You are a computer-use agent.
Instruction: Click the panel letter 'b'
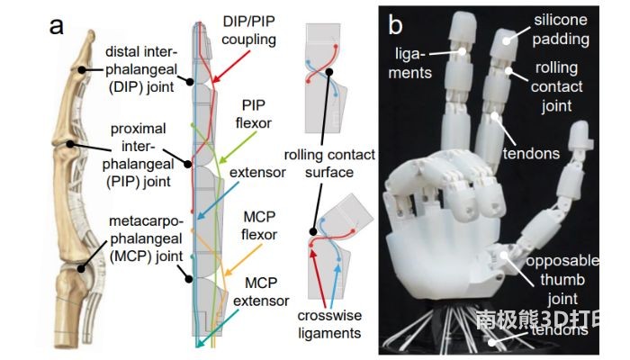coord(394,24)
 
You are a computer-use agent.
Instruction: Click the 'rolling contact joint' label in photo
coord(556,88)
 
